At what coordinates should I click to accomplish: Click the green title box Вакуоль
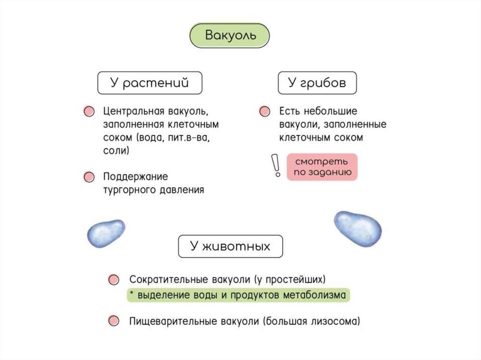[x=229, y=36]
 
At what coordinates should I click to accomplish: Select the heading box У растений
[x=149, y=83]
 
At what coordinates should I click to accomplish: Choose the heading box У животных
[x=230, y=246]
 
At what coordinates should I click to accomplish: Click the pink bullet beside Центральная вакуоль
[x=88, y=112]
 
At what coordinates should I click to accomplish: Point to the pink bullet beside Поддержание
[x=88, y=177]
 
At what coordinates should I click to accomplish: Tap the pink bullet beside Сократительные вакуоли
[x=113, y=280]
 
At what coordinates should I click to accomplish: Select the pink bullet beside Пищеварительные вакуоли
[x=113, y=322]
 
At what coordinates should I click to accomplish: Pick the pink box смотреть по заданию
[x=322, y=167]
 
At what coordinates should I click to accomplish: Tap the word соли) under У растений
[x=116, y=152]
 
